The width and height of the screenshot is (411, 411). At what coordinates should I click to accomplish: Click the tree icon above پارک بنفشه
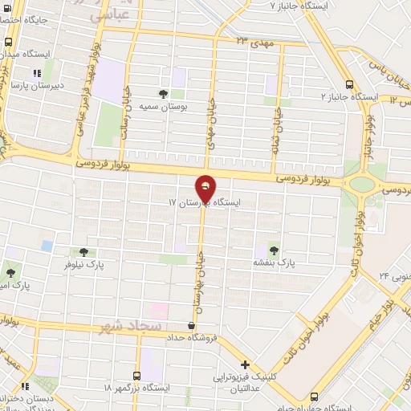coord(275,250)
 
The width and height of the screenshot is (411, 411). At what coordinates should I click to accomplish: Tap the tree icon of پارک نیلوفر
coord(83,251)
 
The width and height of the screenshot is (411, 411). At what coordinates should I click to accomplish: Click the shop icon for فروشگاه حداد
coord(190,326)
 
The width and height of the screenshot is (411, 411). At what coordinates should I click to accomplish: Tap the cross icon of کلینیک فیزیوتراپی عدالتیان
coord(246,364)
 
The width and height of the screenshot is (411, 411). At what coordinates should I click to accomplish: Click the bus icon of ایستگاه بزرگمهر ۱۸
coord(136,375)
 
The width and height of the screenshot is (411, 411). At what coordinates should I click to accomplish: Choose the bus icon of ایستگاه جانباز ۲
coord(348,84)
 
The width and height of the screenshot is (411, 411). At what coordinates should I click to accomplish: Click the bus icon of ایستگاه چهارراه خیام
coord(315,396)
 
